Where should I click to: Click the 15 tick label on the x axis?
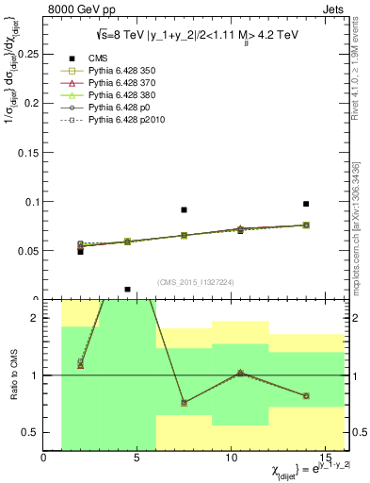[326, 458]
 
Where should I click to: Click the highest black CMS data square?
[306, 204]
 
